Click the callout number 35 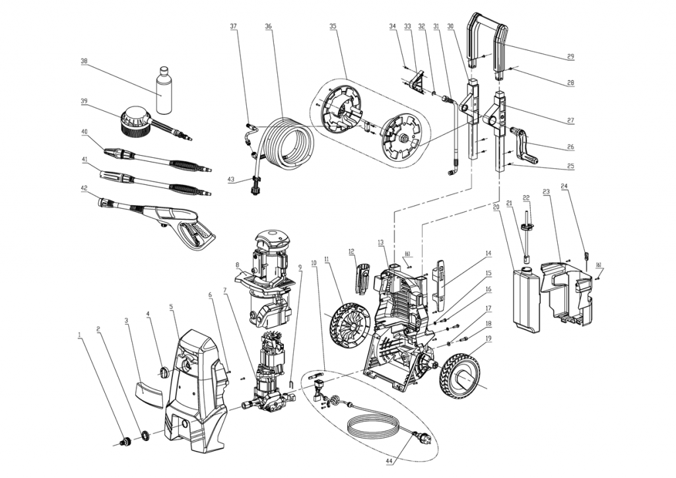[333, 26]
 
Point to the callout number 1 [80, 335]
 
